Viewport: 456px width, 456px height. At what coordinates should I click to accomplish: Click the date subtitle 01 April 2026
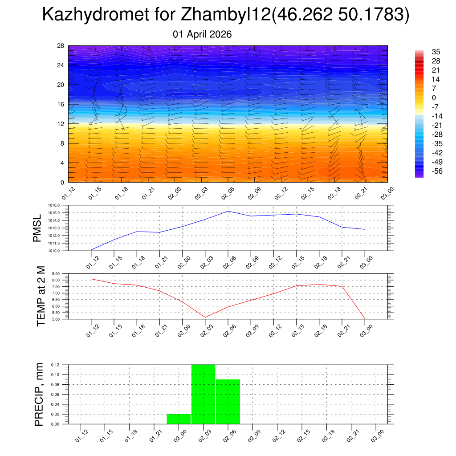point(202,34)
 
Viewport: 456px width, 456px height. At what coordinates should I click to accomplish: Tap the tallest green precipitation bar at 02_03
point(204,394)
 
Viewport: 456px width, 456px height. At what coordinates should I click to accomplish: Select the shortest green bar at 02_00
point(179,419)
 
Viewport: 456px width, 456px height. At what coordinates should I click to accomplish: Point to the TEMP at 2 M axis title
point(41,296)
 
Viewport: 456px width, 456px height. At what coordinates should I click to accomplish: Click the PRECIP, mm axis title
point(40,394)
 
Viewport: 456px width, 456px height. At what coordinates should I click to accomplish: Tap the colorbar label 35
point(436,52)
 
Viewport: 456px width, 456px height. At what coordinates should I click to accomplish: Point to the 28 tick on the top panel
point(61,46)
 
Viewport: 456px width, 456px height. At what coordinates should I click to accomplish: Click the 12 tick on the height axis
point(61,124)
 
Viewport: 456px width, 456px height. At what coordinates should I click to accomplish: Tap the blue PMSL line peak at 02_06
point(228,211)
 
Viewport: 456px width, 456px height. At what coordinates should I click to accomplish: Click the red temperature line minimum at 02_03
point(205,317)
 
